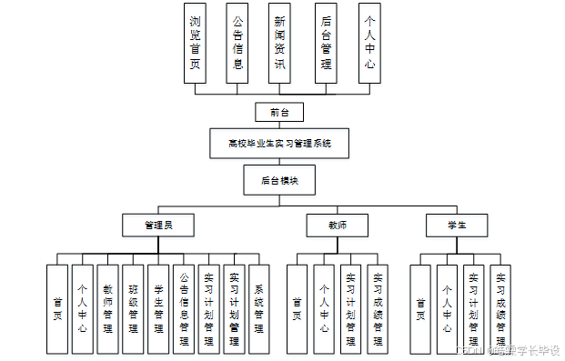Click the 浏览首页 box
(x=196, y=43)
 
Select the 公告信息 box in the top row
(x=237, y=43)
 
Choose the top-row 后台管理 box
(x=326, y=43)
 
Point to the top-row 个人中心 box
(x=369, y=43)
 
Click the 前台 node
(x=279, y=112)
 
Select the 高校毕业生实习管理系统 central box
(x=279, y=143)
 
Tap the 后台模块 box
(x=279, y=180)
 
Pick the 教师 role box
(x=337, y=224)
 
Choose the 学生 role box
(x=457, y=224)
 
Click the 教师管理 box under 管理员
(x=107, y=309)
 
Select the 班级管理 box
(x=133, y=309)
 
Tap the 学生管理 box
(x=158, y=309)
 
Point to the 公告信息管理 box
(x=183, y=309)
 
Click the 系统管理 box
(x=259, y=309)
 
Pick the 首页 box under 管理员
(x=57, y=309)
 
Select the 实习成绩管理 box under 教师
(x=378, y=309)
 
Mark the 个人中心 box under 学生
(x=446, y=309)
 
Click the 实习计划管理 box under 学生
(x=473, y=309)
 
